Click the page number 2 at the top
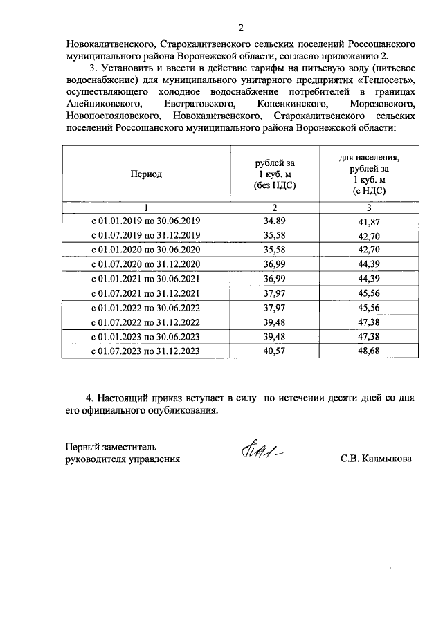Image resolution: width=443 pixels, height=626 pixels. click(241, 28)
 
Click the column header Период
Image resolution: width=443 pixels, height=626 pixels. click(146, 174)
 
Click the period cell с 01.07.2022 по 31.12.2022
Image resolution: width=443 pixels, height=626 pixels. click(146, 322)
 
